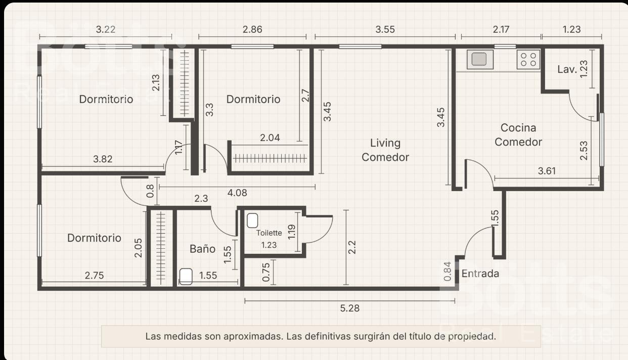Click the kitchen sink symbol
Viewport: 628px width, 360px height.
point(480,59)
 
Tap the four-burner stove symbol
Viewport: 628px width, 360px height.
point(528,59)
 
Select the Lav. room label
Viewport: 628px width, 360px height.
point(567,69)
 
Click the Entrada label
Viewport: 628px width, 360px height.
point(480,274)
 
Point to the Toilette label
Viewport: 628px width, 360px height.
point(269,233)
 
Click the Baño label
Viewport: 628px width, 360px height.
point(202,249)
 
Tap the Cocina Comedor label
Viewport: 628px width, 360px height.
point(518,135)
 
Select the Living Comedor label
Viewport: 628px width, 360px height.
point(385,150)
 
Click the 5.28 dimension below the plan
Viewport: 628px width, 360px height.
point(349,308)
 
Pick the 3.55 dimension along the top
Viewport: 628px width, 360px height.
point(385,29)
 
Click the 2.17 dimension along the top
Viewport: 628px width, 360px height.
point(501,29)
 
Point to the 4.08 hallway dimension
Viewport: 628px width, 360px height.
point(237,193)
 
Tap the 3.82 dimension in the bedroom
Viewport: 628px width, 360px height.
point(103,159)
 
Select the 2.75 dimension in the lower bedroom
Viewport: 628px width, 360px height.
point(94,276)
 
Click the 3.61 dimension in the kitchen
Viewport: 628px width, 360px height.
point(547,171)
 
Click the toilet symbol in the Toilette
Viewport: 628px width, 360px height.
point(252,220)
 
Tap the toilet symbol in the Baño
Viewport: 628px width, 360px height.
point(186,277)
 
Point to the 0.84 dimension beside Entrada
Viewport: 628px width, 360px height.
point(447,271)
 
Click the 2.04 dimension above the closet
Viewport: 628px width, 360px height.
point(270,138)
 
